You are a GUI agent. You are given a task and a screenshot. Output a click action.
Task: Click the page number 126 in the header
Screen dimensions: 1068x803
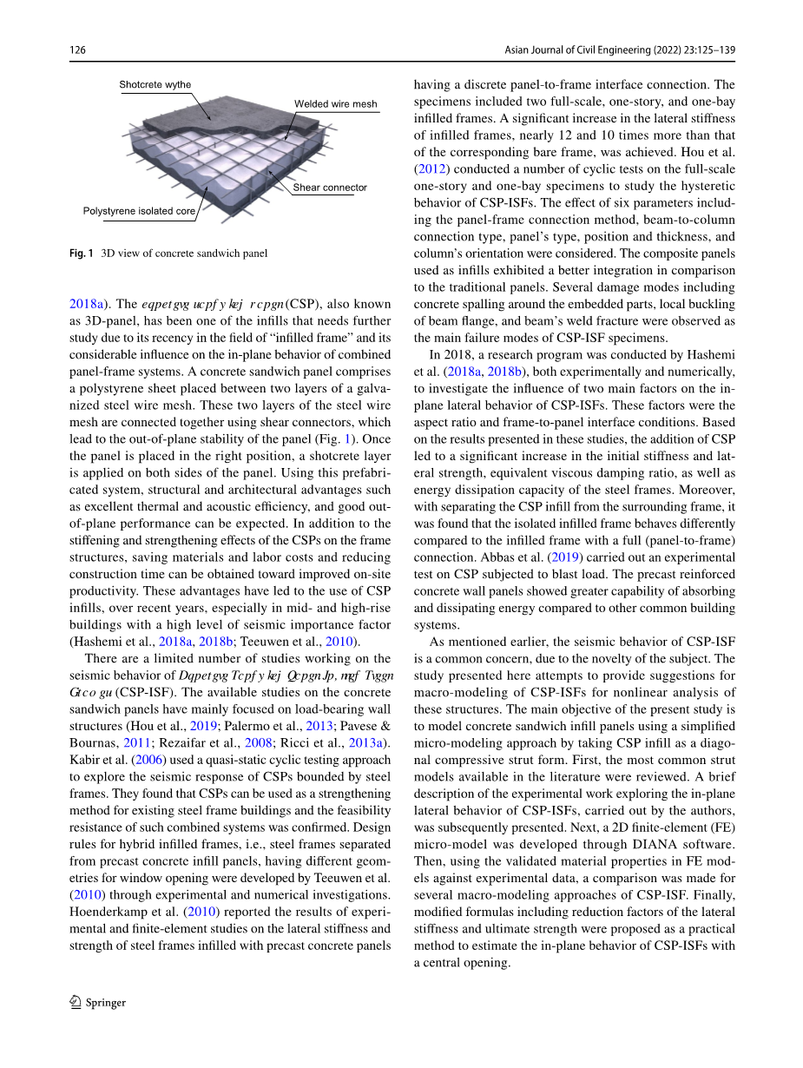point(77,50)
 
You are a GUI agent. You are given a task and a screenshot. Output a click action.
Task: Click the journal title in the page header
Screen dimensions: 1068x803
point(620,50)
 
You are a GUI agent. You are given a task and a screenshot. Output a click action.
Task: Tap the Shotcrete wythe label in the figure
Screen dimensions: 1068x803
point(155,85)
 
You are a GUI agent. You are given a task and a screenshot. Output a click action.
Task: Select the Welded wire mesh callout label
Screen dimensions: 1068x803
point(335,104)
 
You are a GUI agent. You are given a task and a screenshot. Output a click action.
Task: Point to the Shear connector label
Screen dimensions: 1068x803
point(330,188)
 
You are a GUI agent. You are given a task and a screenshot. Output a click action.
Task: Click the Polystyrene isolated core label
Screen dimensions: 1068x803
point(139,211)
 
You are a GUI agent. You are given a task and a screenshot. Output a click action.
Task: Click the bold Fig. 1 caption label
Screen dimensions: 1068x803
point(81,254)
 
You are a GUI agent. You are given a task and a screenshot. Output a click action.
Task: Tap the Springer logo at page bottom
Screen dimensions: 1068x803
point(97,1002)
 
